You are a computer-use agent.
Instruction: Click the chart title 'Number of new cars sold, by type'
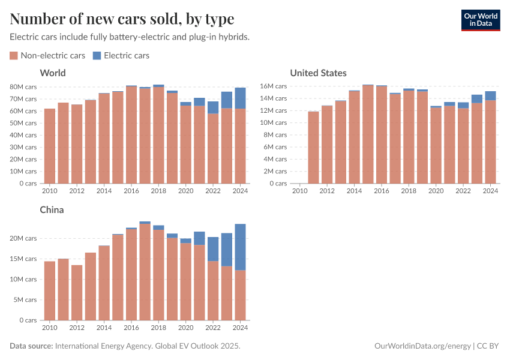[x=122, y=19]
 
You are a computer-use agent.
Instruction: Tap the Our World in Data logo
[x=480, y=20]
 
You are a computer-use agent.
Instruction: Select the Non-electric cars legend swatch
[x=14, y=56]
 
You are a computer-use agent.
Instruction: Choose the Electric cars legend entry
[x=121, y=56]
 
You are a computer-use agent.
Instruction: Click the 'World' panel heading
[x=52, y=73]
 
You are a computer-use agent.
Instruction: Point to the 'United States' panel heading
[x=318, y=73]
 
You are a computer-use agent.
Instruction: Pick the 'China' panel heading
[x=52, y=210]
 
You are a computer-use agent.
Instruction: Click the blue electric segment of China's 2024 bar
[x=240, y=247]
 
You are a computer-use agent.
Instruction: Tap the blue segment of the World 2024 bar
[x=240, y=98]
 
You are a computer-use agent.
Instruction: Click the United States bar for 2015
[x=368, y=134]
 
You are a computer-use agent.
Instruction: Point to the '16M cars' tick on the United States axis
[x=273, y=86]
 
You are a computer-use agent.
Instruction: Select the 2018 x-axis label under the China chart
[x=158, y=328]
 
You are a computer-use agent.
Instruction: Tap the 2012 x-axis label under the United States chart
[x=326, y=191]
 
